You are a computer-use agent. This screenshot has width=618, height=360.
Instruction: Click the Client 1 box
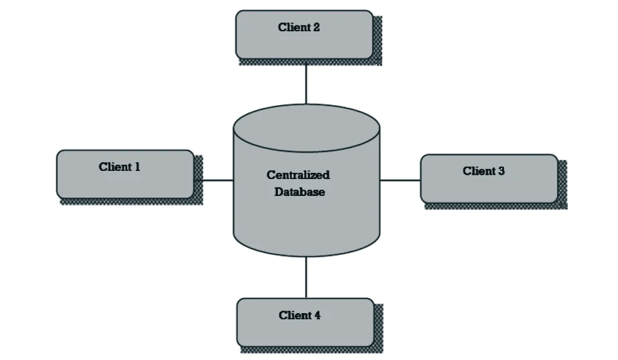[x=125, y=175]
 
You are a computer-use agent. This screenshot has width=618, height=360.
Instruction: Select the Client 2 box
[x=304, y=34]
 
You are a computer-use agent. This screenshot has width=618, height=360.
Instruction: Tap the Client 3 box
[x=488, y=178]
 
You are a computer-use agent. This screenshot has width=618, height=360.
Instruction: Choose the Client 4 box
[x=305, y=322]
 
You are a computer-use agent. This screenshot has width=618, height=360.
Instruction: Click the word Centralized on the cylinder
[x=298, y=175]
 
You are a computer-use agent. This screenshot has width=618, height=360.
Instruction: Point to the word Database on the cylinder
[x=299, y=192]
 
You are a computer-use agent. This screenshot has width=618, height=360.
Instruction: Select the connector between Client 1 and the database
[x=214, y=180]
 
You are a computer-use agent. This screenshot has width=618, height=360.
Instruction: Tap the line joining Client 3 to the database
[x=400, y=180]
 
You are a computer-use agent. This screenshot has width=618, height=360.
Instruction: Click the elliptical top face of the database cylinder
[x=306, y=128]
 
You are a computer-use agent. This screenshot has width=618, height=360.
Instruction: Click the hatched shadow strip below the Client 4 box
[x=310, y=349]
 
